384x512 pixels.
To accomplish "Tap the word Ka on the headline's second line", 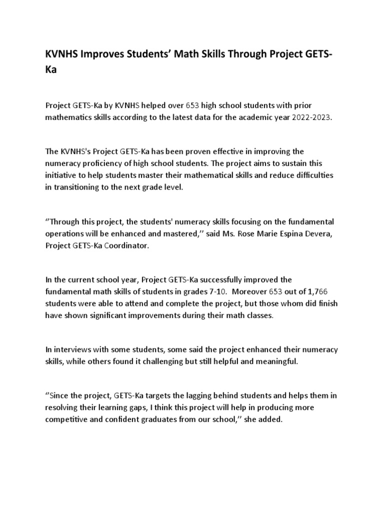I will [x=51, y=70].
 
